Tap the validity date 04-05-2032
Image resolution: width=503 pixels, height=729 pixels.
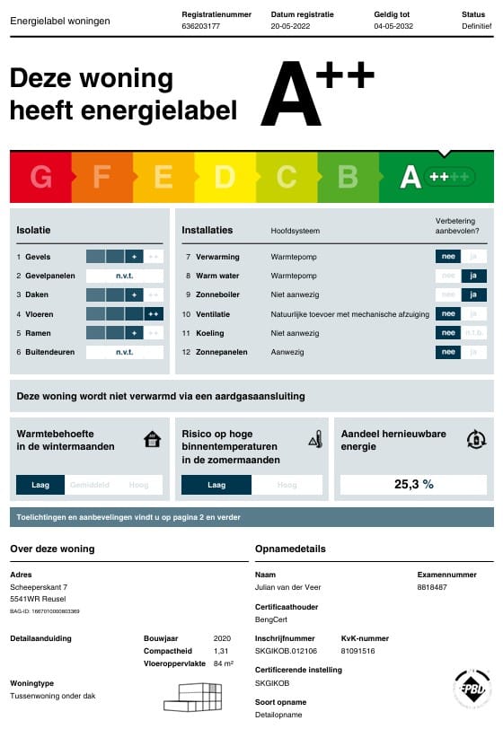pos(394,27)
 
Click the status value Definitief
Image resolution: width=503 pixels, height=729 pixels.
pos(477,27)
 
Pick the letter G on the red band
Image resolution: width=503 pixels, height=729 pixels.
pos(41,177)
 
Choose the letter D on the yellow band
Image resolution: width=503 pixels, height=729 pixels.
pos(225,177)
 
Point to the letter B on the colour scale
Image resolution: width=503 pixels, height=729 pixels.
pos(349,177)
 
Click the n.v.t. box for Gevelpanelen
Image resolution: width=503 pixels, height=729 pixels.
pos(124,276)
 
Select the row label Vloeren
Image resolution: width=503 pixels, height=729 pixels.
pos(40,314)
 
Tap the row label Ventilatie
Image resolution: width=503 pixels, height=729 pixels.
pos(214,314)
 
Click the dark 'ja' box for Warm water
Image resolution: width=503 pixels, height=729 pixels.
pos(472,276)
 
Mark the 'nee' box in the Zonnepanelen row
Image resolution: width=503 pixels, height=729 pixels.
pos(446,352)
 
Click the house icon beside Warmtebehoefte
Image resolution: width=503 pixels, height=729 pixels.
pos(153,440)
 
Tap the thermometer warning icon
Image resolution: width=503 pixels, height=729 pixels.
pos(315,440)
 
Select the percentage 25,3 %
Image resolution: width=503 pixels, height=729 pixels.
pos(413,485)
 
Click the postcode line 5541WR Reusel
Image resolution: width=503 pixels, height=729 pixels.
pos(40,598)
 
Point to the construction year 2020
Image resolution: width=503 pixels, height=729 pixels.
pos(222,638)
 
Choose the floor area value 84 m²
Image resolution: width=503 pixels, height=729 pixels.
pos(224,663)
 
